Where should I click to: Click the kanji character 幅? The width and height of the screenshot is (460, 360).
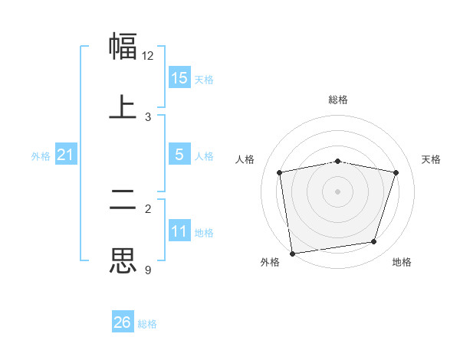point(123,46)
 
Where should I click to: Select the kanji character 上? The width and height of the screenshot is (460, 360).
point(123,106)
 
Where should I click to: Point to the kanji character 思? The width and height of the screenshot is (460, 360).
point(123,260)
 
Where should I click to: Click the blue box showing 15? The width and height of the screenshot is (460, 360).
point(179,78)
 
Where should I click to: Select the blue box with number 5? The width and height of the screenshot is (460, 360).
point(179,155)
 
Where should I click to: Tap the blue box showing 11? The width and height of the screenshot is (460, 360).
point(179,231)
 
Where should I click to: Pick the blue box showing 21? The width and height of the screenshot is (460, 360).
point(66,155)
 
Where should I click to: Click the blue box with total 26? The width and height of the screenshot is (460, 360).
point(123,322)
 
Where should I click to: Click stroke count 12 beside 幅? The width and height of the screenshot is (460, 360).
point(148,56)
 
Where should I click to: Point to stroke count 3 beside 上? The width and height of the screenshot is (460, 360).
point(148,117)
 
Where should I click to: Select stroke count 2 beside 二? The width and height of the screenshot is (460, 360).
point(148,208)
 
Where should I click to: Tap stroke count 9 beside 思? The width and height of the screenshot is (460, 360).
point(148,270)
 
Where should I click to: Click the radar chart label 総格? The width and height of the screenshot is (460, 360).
point(338,100)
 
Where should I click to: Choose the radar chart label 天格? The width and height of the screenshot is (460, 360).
point(432,159)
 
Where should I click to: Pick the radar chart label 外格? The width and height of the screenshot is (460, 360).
point(270,262)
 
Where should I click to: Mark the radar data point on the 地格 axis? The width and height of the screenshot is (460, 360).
point(374,242)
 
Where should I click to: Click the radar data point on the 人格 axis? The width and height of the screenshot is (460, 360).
point(280,172)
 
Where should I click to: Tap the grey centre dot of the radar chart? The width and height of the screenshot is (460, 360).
point(338,191)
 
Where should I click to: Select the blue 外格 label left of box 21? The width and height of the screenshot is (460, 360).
point(41,156)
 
